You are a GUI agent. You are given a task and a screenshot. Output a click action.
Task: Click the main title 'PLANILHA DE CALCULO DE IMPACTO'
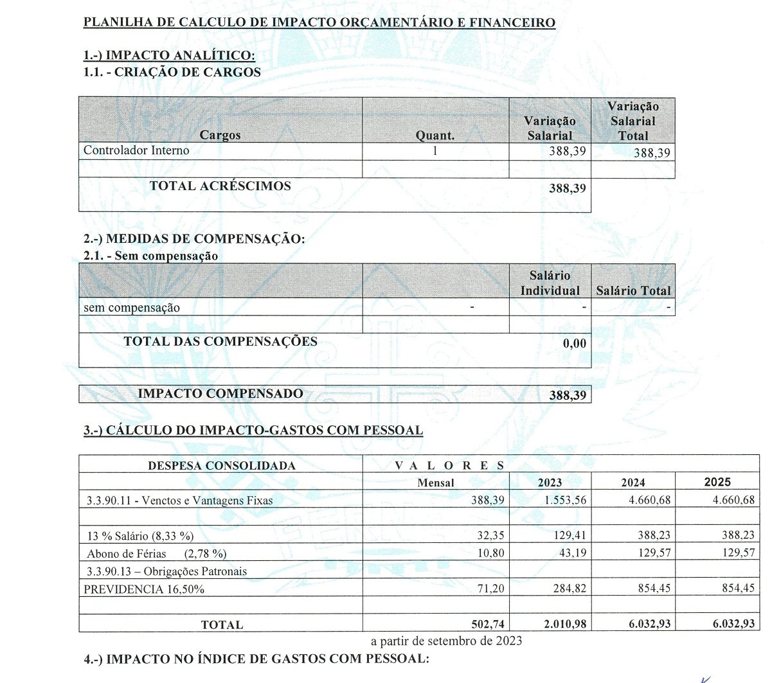click(319, 22)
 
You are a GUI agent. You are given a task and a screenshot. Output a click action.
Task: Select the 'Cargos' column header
click(220, 135)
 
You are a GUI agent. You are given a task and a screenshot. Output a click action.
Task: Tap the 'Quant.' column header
click(435, 136)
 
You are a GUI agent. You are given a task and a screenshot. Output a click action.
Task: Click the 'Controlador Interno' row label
click(136, 150)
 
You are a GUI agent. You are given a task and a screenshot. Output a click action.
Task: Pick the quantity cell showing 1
click(435, 151)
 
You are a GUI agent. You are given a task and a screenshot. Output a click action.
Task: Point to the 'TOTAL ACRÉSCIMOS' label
click(220, 186)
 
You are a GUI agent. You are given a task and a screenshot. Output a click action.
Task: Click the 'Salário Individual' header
click(550, 283)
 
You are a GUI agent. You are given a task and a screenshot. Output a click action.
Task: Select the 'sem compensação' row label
click(132, 308)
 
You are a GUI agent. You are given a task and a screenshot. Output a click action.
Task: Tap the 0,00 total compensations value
click(574, 343)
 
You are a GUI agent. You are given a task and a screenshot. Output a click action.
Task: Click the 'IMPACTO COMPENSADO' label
click(220, 393)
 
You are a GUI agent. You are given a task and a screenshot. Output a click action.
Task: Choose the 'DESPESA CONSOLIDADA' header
click(222, 465)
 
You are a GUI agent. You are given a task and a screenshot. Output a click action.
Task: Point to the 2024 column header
click(633, 483)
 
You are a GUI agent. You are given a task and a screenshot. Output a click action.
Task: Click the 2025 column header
click(717, 482)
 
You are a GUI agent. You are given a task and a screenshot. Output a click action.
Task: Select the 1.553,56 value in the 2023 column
click(562, 500)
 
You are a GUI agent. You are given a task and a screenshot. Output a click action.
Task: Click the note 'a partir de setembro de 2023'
click(446, 641)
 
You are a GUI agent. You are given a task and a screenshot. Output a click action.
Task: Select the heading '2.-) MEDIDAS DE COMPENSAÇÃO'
click(194, 239)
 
